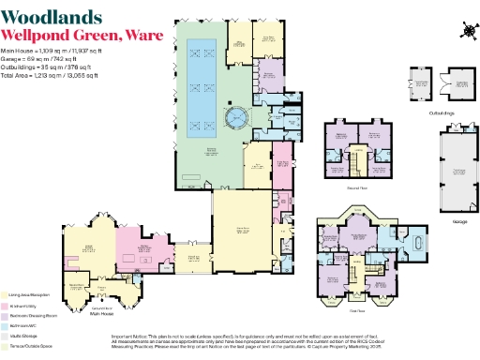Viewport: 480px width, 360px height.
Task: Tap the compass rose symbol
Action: click(x=466, y=28)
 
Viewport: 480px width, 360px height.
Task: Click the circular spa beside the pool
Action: click(x=236, y=118)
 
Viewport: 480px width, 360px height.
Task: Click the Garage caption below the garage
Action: click(x=458, y=222)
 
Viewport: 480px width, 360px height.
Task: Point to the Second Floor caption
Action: click(x=356, y=187)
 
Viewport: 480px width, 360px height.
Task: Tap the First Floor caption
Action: click(x=357, y=309)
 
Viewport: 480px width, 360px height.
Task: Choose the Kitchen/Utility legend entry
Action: click(x=23, y=307)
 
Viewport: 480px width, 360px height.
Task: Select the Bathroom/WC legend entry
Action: click(x=24, y=325)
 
